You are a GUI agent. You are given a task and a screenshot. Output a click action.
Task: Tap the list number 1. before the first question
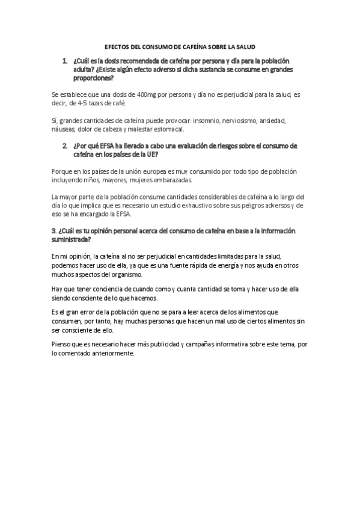point(64,61)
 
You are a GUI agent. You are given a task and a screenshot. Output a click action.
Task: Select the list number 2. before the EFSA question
point(64,146)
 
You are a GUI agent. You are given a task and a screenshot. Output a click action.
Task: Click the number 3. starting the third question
point(55,231)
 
